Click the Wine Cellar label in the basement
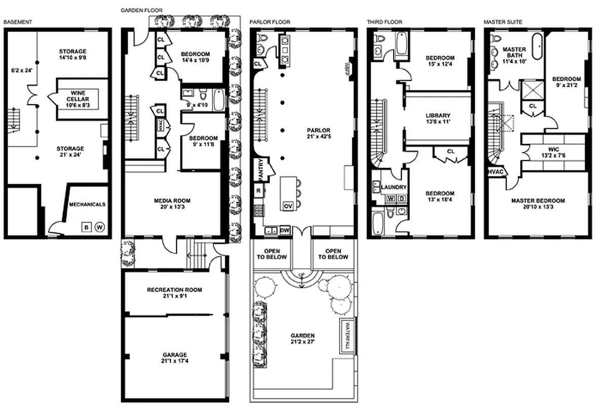(78, 95)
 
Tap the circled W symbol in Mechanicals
(99, 227)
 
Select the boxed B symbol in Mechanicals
(86, 227)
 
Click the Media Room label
(172, 200)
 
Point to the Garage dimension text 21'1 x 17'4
(174, 361)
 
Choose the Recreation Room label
(174, 290)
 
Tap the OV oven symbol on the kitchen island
(288, 206)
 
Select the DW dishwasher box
(284, 230)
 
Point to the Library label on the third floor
(438, 116)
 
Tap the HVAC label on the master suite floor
(496, 173)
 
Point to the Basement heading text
(18, 22)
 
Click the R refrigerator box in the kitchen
(258, 191)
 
